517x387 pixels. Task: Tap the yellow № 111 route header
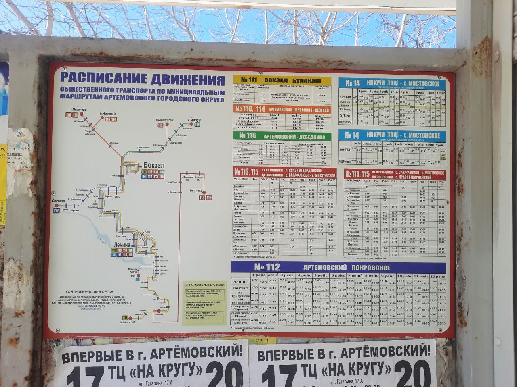point(248,80)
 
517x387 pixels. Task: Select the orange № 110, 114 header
point(249,109)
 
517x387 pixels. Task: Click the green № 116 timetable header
point(248,136)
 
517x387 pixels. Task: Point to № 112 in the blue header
point(267,267)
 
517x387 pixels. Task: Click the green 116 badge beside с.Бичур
point(197,125)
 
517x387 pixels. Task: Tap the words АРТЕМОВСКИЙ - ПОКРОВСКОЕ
point(347,268)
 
